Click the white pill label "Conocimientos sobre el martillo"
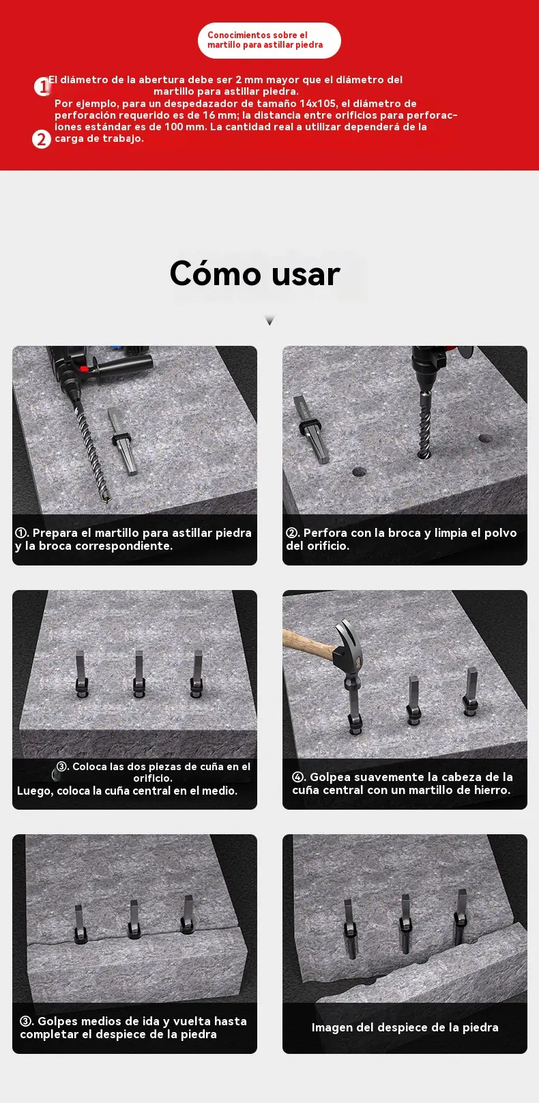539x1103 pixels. (269, 40)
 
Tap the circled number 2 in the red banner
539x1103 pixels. (42, 139)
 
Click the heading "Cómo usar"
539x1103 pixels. (254, 274)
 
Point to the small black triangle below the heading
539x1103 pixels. (269, 321)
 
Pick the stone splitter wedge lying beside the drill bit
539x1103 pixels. (122, 441)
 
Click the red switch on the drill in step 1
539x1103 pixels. (84, 368)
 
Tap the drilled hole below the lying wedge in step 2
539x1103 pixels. (359, 472)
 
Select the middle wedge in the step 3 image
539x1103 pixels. (139, 674)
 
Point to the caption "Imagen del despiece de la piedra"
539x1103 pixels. (405, 1028)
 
